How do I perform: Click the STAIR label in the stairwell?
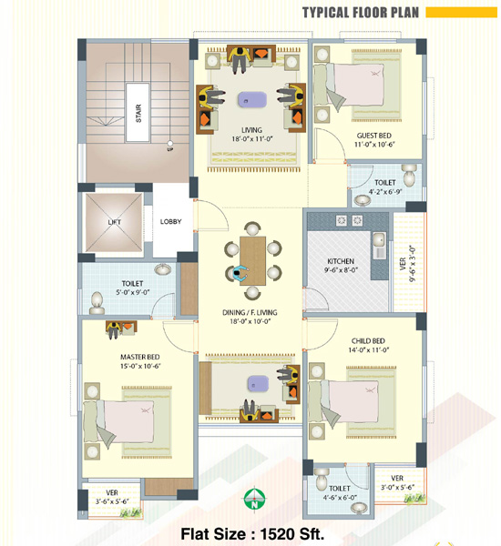(138, 113)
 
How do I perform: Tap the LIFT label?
(115, 222)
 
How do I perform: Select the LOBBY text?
(171, 221)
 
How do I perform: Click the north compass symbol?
(255, 499)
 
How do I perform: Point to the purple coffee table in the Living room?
(252, 99)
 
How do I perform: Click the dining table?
(252, 261)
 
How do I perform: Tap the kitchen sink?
(379, 239)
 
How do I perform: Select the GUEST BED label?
(373, 136)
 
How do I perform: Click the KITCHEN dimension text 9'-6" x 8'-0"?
(341, 270)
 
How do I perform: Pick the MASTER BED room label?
(139, 357)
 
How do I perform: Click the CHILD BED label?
(368, 341)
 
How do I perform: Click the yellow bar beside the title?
(461, 13)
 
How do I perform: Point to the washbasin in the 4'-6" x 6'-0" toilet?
(359, 508)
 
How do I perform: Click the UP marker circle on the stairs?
(169, 143)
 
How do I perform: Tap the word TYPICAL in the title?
(325, 13)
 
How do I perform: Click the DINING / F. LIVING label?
(250, 312)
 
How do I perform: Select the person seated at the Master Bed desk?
(114, 329)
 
